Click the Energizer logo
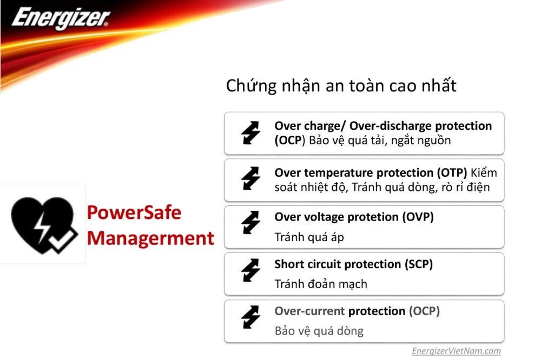(x=61, y=18)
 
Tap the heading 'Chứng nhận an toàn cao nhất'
(x=341, y=86)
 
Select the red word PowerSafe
(x=134, y=212)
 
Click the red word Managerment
(x=150, y=238)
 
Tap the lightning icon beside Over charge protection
(x=250, y=132)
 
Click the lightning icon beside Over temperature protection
(x=250, y=178)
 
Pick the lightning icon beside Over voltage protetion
(x=250, y=222)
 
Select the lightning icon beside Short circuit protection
(x=250, y=270)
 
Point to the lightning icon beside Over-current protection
(x=250, y=317)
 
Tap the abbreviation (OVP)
(x=418, y=217)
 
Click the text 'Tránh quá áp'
(x=309, y=237)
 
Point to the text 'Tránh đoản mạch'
(x=321, y=284)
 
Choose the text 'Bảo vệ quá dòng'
(x=319, y=331)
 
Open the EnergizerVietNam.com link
(x=456, y=351)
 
